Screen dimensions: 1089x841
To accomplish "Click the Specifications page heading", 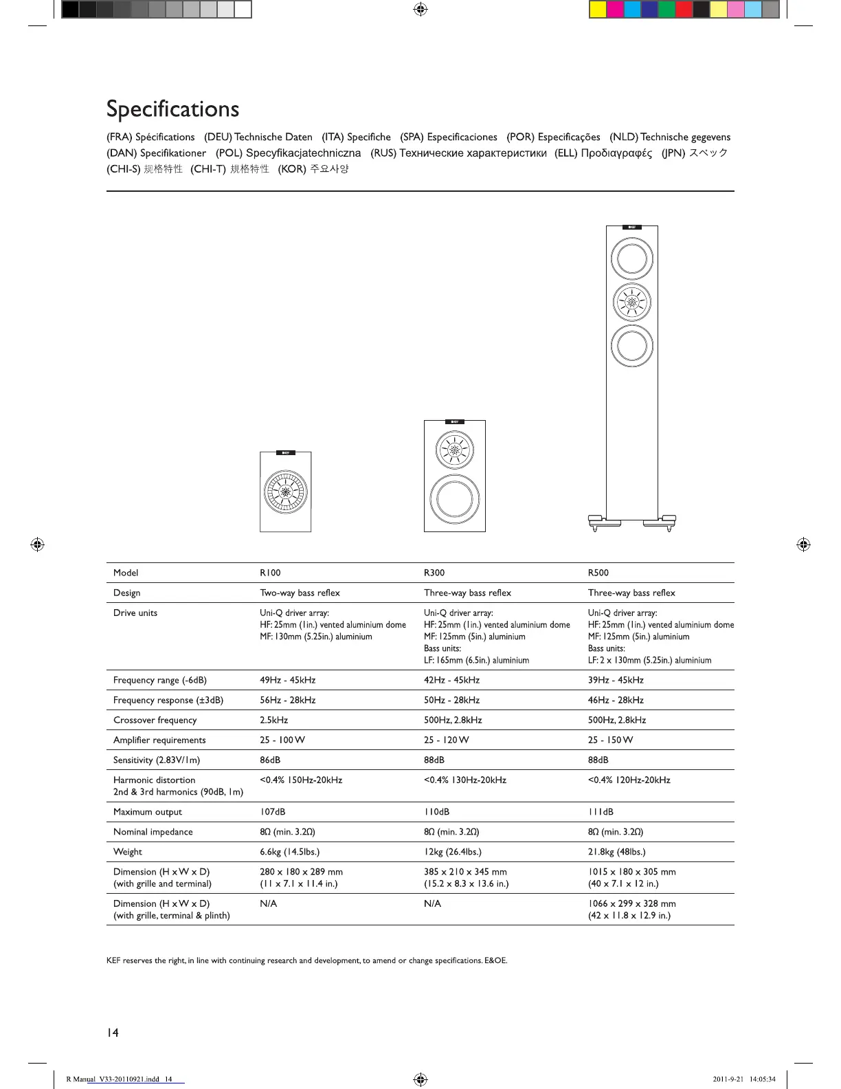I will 172,109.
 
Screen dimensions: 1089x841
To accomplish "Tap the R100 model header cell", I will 270,573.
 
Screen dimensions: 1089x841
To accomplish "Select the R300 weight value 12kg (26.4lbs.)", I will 452,852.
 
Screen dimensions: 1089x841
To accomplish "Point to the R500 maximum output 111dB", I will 601,812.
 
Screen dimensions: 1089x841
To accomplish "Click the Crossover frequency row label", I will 155,720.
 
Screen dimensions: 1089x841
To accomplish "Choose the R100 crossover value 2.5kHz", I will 273,720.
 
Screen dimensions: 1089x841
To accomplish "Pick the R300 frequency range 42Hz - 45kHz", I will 451,680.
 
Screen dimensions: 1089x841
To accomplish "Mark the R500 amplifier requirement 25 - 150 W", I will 610,740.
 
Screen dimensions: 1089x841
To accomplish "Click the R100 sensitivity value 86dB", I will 270,760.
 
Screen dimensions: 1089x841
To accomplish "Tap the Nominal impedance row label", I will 153,832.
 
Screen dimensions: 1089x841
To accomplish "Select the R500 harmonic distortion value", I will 629,780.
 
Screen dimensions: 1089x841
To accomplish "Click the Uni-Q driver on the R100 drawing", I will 285,492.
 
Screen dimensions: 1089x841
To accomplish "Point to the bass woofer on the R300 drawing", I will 454,498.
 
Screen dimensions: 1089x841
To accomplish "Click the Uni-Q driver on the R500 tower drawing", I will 631,302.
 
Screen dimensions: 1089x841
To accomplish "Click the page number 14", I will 113,1033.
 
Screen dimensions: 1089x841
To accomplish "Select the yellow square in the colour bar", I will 598,10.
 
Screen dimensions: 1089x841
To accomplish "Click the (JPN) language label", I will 673,153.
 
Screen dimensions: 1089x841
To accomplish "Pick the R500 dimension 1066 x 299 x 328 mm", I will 631,903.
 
